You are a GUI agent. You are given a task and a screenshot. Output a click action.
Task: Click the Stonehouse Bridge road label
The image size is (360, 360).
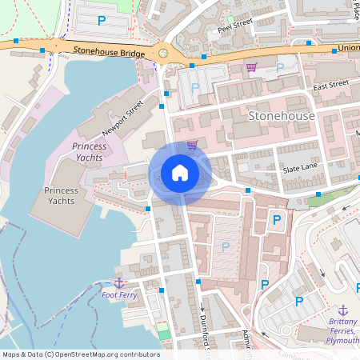pos(109,53)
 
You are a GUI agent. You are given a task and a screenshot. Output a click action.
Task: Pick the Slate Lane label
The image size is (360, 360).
pos(300,170)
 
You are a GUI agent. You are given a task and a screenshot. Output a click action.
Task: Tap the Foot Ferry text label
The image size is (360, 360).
pos(119,295)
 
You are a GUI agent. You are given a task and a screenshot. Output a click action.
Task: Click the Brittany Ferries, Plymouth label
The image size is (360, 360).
pos(343,330)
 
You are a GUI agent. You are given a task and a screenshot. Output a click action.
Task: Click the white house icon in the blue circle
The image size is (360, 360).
pos(180,173)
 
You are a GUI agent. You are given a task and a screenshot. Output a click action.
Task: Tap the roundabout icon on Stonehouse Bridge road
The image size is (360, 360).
pos(163,54)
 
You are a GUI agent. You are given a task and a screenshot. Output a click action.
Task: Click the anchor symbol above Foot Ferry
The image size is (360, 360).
pos(119,283)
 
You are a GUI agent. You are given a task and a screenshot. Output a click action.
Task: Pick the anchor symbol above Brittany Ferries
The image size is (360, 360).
pos(343,310)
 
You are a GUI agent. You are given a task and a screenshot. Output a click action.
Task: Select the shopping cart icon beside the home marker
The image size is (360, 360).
pos(192,146)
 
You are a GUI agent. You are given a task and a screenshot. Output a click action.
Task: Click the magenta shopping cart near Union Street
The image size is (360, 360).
pos(251,67)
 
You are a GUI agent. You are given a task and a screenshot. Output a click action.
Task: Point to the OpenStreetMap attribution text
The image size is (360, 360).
pos(81,354)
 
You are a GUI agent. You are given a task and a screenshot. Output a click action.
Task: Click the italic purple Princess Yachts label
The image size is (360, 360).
pos(89,152)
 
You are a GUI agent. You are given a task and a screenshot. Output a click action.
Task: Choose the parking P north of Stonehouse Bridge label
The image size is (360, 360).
pos(102,20)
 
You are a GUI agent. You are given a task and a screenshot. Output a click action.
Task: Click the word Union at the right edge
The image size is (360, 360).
pos(348,48)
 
